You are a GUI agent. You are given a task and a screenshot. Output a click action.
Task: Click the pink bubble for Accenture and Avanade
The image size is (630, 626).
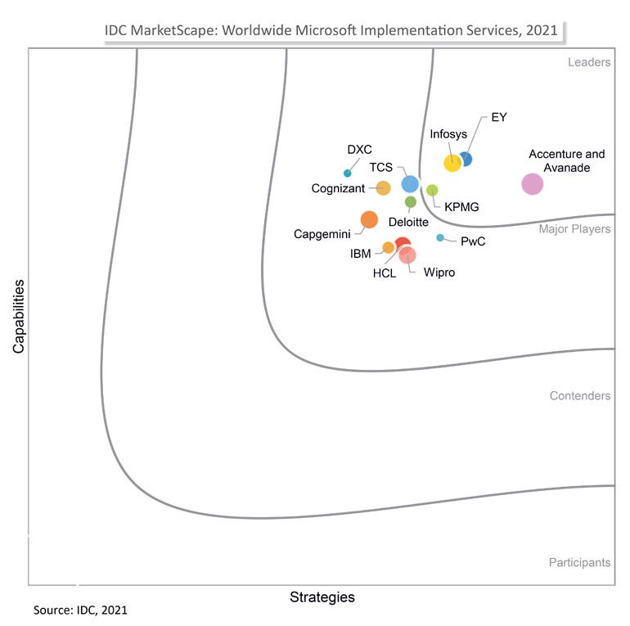click(x=532, y=184)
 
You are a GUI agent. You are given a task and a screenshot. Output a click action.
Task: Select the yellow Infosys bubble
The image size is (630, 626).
click(x=452, y=163)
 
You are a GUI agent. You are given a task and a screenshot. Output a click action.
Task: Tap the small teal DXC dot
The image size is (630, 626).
click(x=348, y=173)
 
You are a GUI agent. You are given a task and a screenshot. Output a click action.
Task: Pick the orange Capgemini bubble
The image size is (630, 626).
click(x=369, y=219)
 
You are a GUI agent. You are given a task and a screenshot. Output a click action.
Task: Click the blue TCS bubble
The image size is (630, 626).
click(x=410, y=184)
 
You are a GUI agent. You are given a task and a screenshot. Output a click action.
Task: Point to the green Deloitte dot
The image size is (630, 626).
click(x=411, y=202)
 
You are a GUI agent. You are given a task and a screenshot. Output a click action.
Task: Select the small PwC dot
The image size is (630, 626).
click(x=440, y=238)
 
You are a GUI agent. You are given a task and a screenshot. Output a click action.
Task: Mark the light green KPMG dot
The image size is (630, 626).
click(x=432, y=190)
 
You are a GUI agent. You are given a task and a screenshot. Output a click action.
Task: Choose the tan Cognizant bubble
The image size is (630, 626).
click(x=383, y=188)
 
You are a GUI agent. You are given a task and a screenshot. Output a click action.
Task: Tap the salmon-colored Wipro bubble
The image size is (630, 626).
click(x=407, y=254)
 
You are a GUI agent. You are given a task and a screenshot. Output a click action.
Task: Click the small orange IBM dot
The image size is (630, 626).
click(x=389, y=247)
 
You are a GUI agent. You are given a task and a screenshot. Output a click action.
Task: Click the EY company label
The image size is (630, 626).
click(x=498, y=117)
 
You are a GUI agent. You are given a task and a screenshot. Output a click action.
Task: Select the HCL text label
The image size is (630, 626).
click(x=385, y=273)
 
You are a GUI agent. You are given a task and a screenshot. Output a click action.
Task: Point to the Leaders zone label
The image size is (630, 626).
click(x=588, y=62)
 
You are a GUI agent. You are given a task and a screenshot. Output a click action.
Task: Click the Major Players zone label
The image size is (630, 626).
click(x=574, y=229)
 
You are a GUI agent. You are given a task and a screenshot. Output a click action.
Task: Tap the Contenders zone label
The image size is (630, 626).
click(x=579, y=396)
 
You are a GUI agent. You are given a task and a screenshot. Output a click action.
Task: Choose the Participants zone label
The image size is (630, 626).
click(x=579, y=562)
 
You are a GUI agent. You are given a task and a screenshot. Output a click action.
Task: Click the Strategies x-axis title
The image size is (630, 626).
click(x=322, y=597)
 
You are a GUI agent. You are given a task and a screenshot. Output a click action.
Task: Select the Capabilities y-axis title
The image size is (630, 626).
click(x=18, y=317)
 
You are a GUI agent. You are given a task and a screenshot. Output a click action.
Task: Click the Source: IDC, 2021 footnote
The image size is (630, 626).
click(x=80, y=610)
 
